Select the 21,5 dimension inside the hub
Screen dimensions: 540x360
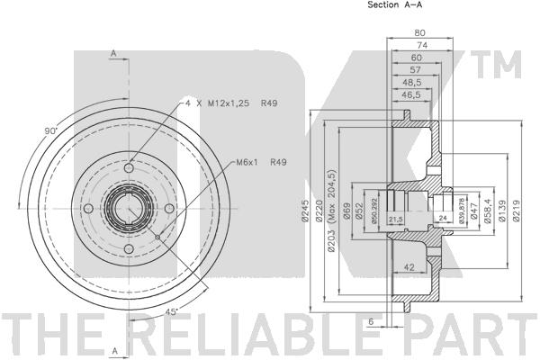tap(395, 219)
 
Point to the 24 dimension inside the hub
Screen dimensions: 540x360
tap(444, 219)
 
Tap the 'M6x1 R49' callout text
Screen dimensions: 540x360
tap(262, 162)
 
